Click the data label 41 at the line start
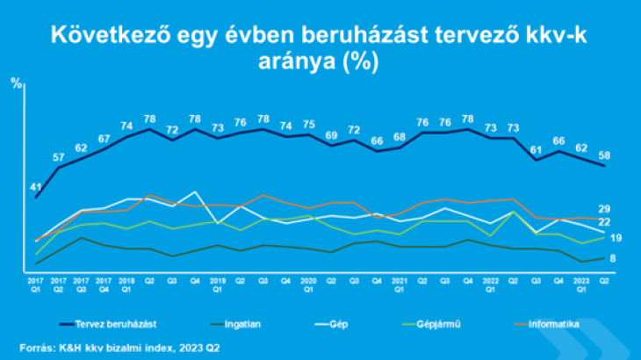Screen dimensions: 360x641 (36, 187)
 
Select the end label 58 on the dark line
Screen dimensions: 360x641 (605, 156)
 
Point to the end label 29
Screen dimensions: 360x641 (605, 209)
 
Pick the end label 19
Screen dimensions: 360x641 (616, 238)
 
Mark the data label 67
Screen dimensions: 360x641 (104, 139)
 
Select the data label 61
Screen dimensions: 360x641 (537, 149)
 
